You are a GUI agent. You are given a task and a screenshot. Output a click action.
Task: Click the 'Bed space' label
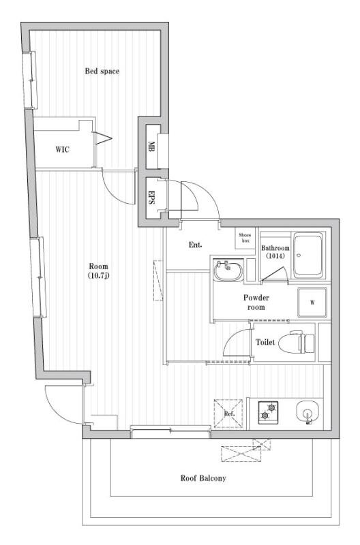click(102, 72)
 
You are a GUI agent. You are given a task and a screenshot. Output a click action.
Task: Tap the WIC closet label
click(62, 150)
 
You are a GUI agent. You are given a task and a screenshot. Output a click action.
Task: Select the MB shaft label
click(151, 146)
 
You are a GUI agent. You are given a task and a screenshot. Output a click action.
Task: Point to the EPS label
click(151, 197)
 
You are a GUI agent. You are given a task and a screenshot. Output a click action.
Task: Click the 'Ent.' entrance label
click(196, 245)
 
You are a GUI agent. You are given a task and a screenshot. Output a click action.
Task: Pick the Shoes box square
click(245, 238)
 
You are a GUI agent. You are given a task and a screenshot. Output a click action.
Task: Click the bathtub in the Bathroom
click(309, 255)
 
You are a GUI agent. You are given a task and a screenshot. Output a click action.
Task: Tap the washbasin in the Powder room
click(228, 271)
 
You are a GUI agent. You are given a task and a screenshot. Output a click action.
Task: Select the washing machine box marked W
click(312, 302)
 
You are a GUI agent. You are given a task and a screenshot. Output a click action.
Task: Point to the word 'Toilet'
click(265, 343)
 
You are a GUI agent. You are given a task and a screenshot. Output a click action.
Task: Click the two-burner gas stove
click(268, 412)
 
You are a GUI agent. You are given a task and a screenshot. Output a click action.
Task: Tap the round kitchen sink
click(307, 412)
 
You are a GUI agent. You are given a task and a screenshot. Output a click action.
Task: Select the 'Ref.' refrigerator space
click(228, 414)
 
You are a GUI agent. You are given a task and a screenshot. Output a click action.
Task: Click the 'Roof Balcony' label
click(203, 478)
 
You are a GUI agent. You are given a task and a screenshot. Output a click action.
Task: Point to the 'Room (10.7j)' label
click(99, 271)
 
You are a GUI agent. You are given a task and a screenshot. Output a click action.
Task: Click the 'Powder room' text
click(256, 302)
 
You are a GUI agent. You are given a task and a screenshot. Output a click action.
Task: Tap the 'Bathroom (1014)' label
click(275, 252)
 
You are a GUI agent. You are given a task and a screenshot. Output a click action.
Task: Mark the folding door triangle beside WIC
click(104, 138)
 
